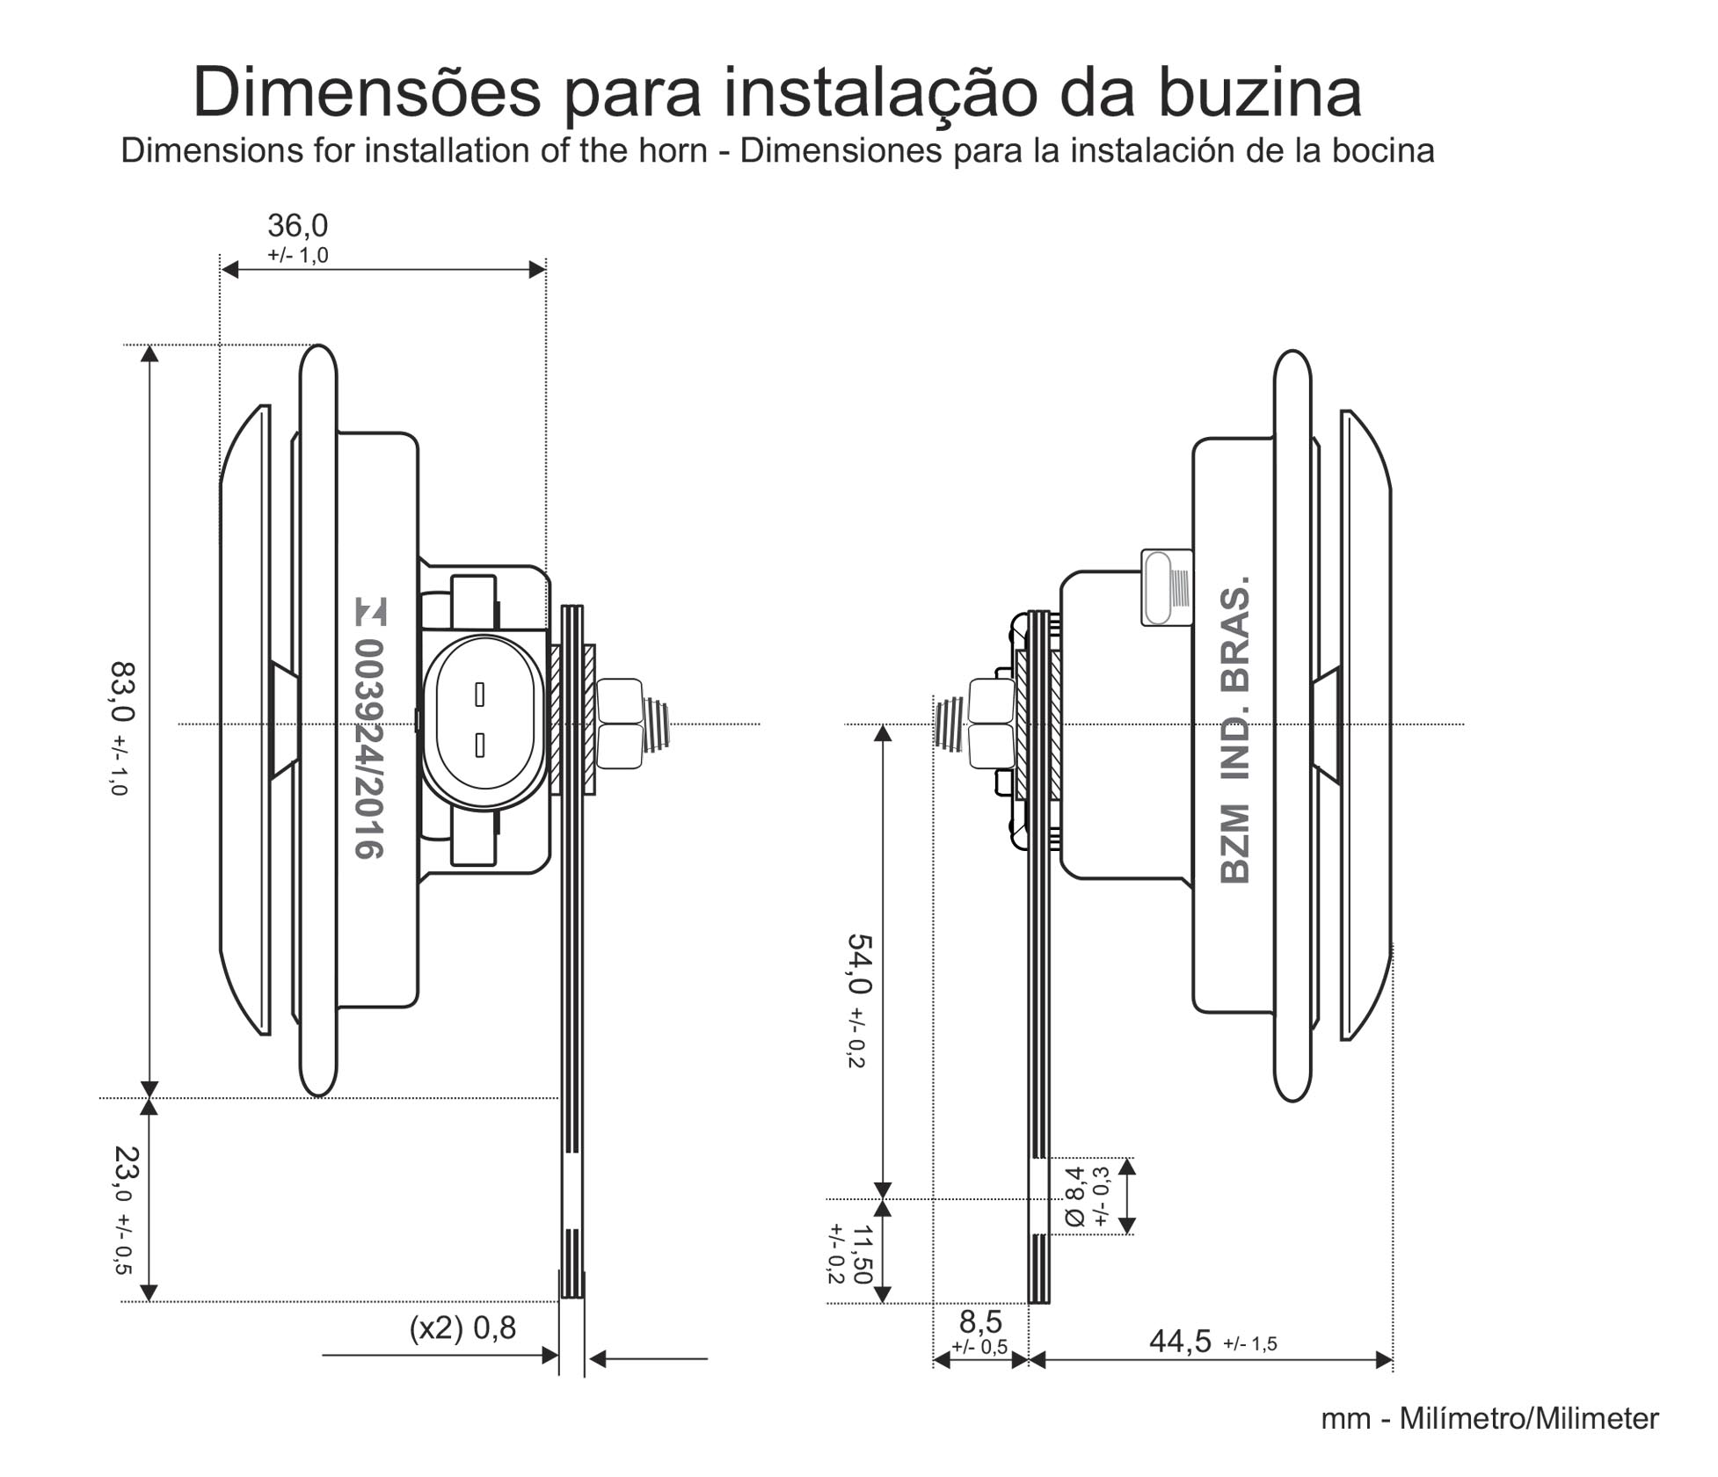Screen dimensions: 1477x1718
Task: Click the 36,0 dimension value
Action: [x=297, y=226]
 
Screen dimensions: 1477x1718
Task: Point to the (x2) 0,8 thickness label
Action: [x=462, y=1328]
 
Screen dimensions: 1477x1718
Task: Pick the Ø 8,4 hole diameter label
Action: [x=1074, y=1196]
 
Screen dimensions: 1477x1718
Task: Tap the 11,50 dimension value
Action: [x=863, y=1254]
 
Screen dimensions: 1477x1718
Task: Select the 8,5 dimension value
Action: [x=979, y=1321]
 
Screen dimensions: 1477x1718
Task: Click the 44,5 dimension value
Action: [x=1180, y=1342]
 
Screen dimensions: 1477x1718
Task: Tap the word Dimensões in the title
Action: [x=367, y=92]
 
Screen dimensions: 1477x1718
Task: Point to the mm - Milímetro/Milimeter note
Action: [x=1489, y=1419]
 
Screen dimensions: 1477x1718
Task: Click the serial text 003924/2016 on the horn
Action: [x=369, y=748]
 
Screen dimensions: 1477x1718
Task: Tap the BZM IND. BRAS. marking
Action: [x=1235, y=730]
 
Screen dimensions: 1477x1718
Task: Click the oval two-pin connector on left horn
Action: [x=479, y=720]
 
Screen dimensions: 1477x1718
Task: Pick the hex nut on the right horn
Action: [x=991, y=724]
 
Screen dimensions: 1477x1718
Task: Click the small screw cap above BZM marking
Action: [x=1166, y=587]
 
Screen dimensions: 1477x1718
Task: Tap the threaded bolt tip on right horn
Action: [x=949, y=723]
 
